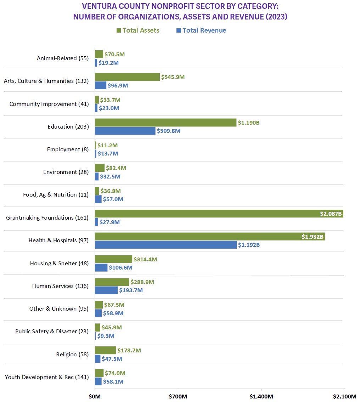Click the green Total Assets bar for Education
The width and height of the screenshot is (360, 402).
pos(165,123)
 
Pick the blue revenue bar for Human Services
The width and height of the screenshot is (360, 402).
pos(106,290)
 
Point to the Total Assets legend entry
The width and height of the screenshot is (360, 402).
pos(138,30)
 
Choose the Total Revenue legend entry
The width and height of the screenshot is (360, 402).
pos(201,30)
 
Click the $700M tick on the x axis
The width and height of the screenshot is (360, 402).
pos(178,396)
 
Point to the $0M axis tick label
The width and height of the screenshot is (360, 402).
pos(95,396)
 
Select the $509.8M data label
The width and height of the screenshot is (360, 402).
pos(169,131)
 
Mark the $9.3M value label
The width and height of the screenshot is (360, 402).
pos(106,336)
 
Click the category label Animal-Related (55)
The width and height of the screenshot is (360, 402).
pos(63,58)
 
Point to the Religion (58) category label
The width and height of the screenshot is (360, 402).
pos(72,354)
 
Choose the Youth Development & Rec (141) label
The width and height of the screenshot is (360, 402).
pos(47,377)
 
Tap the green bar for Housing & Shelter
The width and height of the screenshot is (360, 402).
pos(113,259)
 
